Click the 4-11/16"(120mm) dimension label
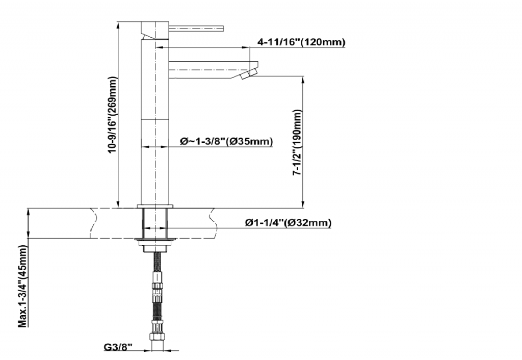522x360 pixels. (x=301, y=42)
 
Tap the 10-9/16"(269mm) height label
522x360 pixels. (x=113, y=115)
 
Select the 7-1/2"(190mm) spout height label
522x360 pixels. (x=297, y=143)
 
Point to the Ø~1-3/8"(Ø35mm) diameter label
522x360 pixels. (x=226, y=142)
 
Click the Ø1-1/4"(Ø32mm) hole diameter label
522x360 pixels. (x=289, y=222)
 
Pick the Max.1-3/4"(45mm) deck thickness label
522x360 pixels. (x=22, y=286)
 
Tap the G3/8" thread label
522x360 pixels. (x=118, y=347)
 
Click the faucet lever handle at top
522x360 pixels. (x=196, y=28)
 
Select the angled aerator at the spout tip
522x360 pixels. (x=249, y=74)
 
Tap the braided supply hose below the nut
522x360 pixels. (x=157, y=296)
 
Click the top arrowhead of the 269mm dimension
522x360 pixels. (x=118, y=24)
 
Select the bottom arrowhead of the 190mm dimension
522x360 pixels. (x=303, y=204)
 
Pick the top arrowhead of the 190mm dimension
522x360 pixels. (x=303, y=80)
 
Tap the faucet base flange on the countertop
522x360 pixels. (x=155, y=206)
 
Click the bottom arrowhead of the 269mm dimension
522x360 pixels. (x=118, y=204)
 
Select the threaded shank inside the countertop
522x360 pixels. (x=155, y=223)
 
